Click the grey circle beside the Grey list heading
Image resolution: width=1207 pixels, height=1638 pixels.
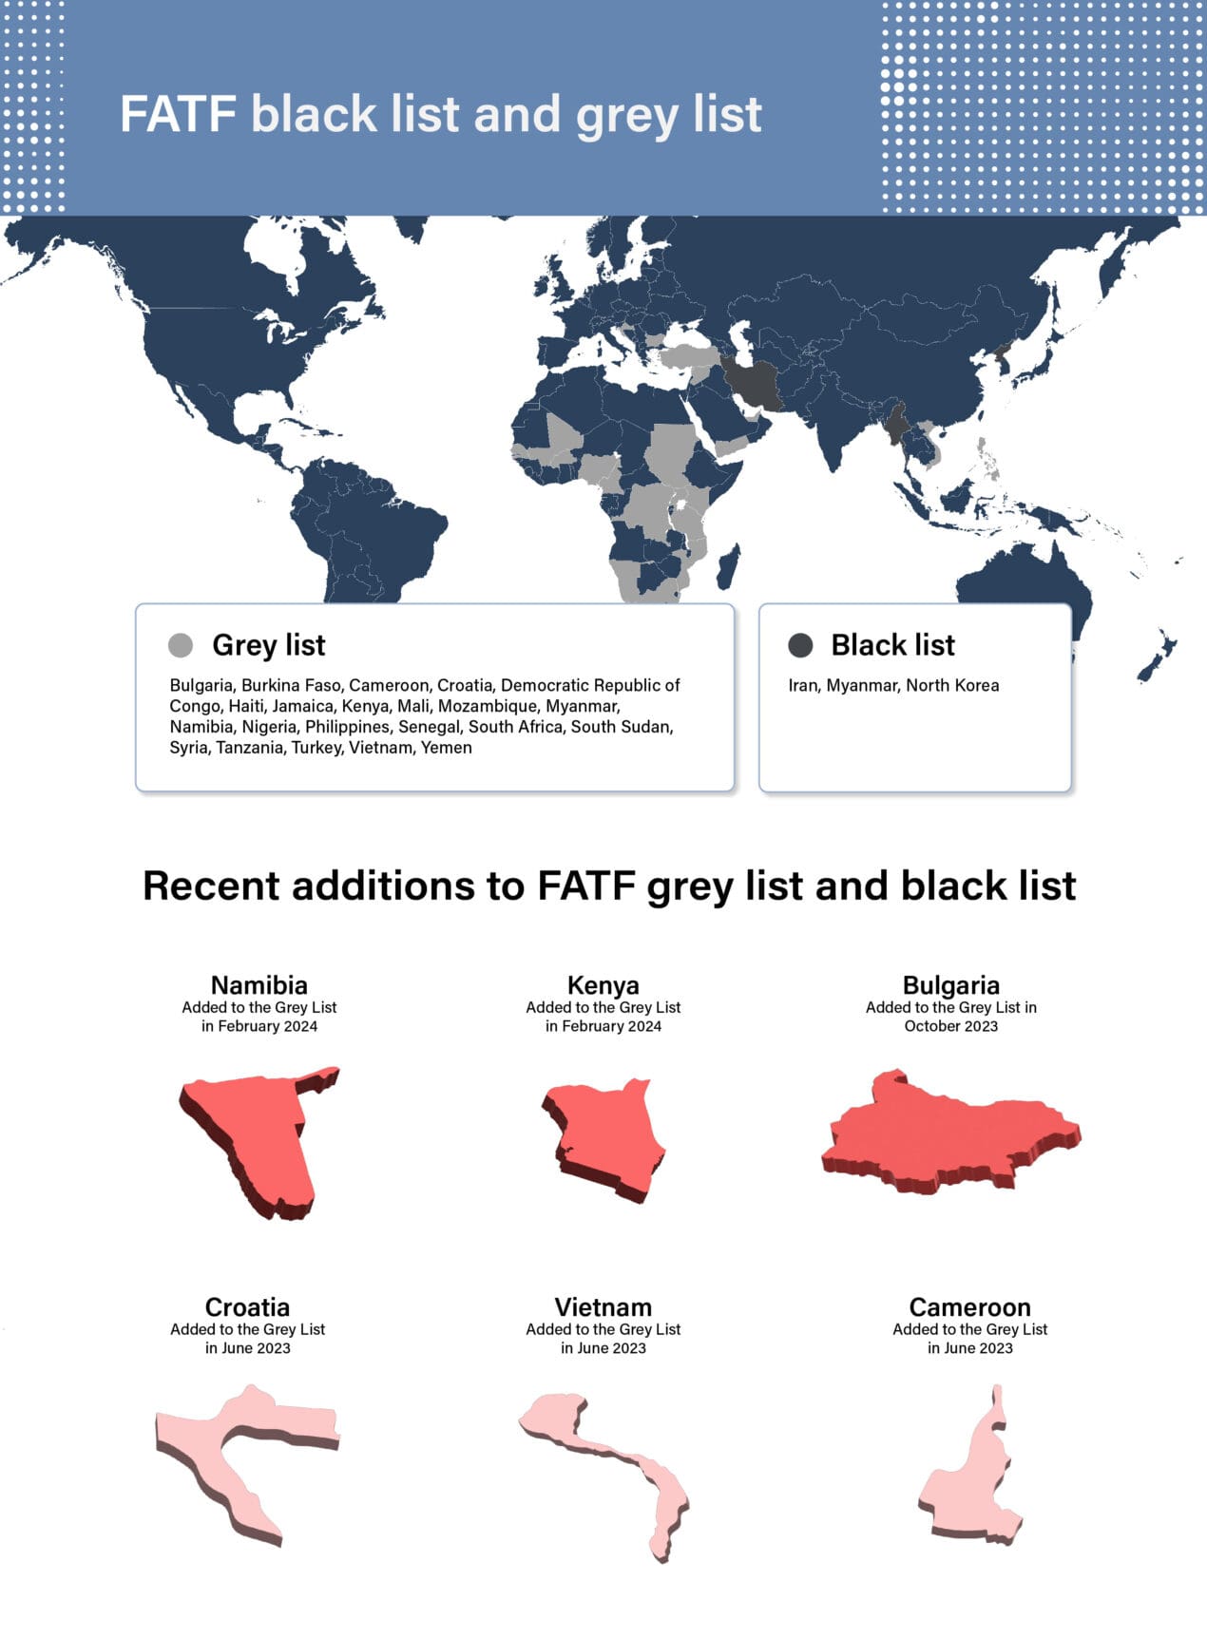pyautogui.click(x=181, y=645)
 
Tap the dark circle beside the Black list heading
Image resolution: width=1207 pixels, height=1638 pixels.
pyautogui.click(x=800, y=645)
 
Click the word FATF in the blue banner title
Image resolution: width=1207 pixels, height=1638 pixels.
pyautogui.click(x=178, y=115)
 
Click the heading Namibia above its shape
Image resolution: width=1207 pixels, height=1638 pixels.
pyautogui.click(x=259, y=985)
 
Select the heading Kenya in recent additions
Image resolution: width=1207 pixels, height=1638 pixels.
pyautogui.click(x=603, y=985)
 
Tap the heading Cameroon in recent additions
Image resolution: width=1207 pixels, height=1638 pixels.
pyautogui.click(x=969, y=1307)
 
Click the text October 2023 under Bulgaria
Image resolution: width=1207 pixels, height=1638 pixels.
pyautogui.click(x=950, y=1026)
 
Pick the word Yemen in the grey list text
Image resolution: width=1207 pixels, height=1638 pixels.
pyautogui.click(x=447, y=748)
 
